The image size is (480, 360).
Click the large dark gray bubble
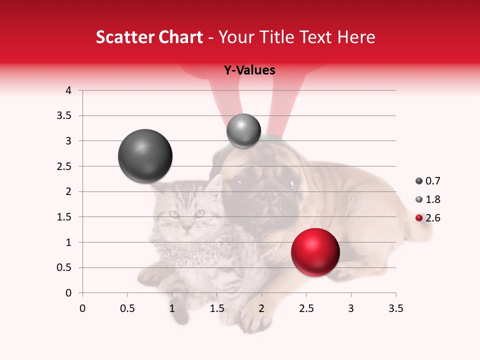(145, 156)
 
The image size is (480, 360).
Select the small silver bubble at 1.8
(243, 131)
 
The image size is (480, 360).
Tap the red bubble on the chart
(315, 252)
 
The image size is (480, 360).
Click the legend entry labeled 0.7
(428, 181)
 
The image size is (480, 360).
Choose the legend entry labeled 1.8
(428, 199)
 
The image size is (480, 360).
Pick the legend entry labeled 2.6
(428, 218)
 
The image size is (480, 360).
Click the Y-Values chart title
(249, 70)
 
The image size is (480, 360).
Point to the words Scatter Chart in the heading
(149, 37)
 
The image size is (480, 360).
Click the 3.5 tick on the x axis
(395, 308)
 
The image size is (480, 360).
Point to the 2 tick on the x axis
(261, 308)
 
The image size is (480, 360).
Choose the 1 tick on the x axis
(172, 308)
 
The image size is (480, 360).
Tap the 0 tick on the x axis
(82, 308)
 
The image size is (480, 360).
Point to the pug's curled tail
(420, 230)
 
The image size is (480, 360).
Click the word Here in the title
(356, 37)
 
